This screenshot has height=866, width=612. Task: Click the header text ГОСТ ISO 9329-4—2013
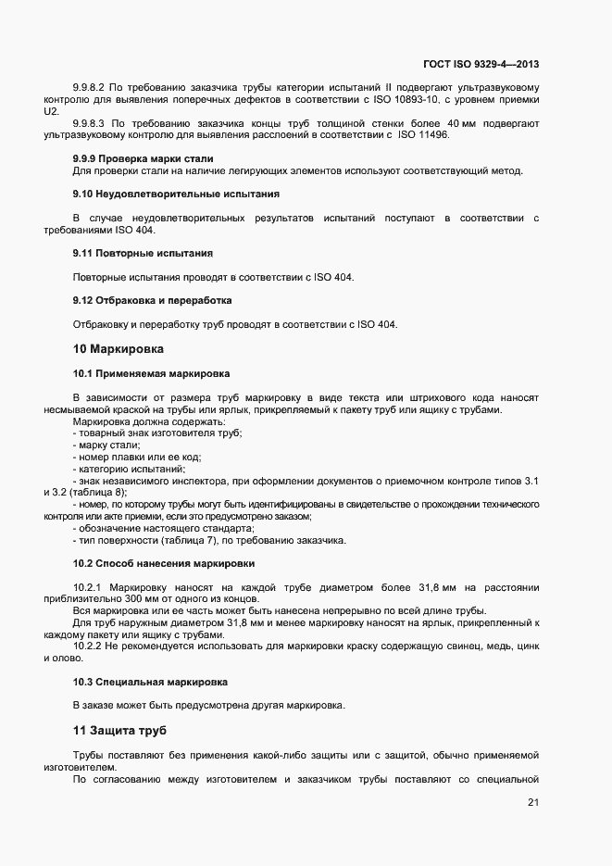point(481,64)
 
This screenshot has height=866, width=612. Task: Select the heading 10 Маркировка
point(118,349)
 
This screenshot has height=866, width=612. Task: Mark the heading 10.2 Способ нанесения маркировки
point(164,563)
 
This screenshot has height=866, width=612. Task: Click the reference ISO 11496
point(423,134)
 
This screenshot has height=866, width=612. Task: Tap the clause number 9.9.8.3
point(92,123)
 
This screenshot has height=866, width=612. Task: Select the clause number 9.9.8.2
point(92,87)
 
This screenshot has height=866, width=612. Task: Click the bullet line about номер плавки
point(136,457)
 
